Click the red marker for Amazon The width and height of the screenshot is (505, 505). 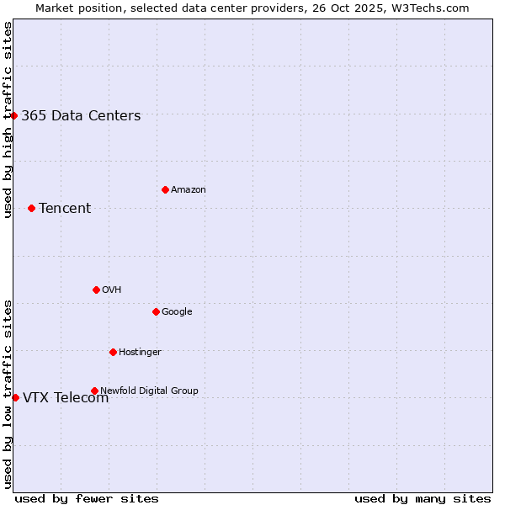(x=165, y=189)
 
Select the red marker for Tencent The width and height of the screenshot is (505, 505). (x=31, y=208)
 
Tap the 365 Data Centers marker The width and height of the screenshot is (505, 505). (x=14, y=115)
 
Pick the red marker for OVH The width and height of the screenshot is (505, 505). (x=96, y=290)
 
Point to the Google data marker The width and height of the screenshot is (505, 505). (x=156, y=311)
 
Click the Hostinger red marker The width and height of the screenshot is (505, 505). (x=113, y=352)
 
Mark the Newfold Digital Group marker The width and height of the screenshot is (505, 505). (x=94, y=391)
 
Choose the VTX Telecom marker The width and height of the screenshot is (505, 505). (x=15, y=397)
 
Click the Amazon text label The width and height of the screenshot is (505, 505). (x=189, y=190)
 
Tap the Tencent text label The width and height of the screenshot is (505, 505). (x=65, y=209)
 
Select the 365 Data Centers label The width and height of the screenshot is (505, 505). (x=81, y=116)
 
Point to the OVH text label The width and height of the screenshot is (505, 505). (x=112, y=290)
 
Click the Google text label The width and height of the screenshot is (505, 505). (x=177, y=312)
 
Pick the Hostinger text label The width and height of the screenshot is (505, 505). (x=140, y=353)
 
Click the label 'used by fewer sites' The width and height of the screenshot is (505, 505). (x=87, y=499)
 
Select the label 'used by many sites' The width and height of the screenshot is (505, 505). (x=423, y=499)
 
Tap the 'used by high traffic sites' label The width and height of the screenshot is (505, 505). (x=8, y=120)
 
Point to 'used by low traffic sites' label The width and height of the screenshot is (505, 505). (x=8, y=393)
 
